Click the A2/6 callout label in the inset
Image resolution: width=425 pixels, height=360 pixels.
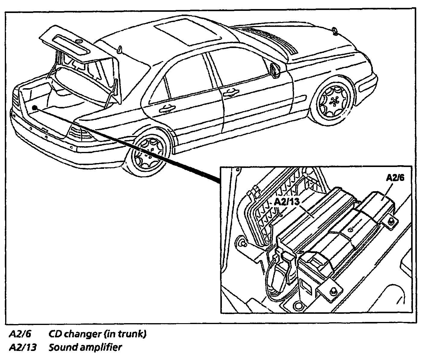click(x=395, y=178)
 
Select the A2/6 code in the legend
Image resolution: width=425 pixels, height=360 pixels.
click(x=20, y=334)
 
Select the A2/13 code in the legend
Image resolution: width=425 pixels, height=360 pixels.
click(x=23, y=347)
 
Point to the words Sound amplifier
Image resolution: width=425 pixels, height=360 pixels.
click(x=85, y=347)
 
